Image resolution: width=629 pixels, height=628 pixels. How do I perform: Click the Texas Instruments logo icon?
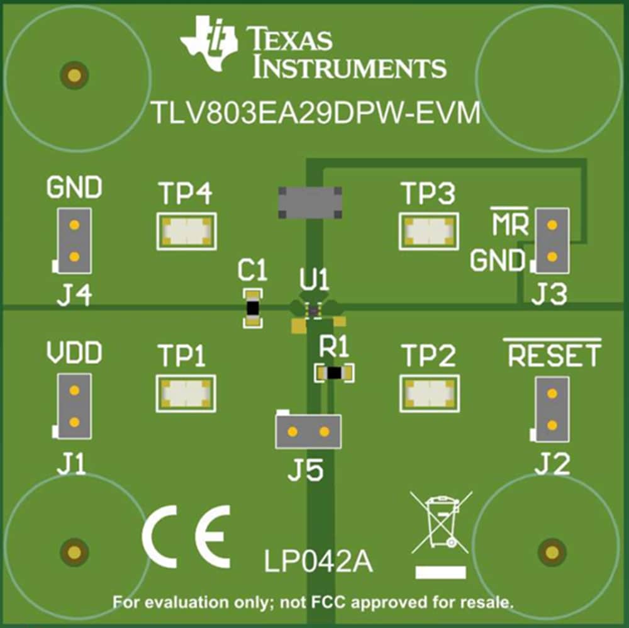point(209,43)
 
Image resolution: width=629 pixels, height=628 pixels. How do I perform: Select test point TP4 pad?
point(186,231)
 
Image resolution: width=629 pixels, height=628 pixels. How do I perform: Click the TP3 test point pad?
point(428,231)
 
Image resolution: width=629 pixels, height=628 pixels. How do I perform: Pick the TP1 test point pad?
point(186,393)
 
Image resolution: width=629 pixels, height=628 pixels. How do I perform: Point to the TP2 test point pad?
point(428,393)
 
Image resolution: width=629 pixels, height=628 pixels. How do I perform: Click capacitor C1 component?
point(252,308)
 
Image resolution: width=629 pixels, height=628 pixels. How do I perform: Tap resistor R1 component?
point(334,373)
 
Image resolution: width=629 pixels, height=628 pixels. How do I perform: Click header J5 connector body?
point(308,431)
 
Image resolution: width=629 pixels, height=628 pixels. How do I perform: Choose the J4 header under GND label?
point(74,240)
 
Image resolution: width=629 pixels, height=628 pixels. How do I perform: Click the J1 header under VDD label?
point(74,406)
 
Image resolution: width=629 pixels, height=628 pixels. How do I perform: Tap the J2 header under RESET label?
point(552,409)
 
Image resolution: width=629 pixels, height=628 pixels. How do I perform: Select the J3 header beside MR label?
point(552,240)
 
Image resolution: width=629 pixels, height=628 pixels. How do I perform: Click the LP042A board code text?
point(318,562)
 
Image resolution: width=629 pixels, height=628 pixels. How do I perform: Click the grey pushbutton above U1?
point(311,201)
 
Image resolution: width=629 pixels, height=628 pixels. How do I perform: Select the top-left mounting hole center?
point(74,76)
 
